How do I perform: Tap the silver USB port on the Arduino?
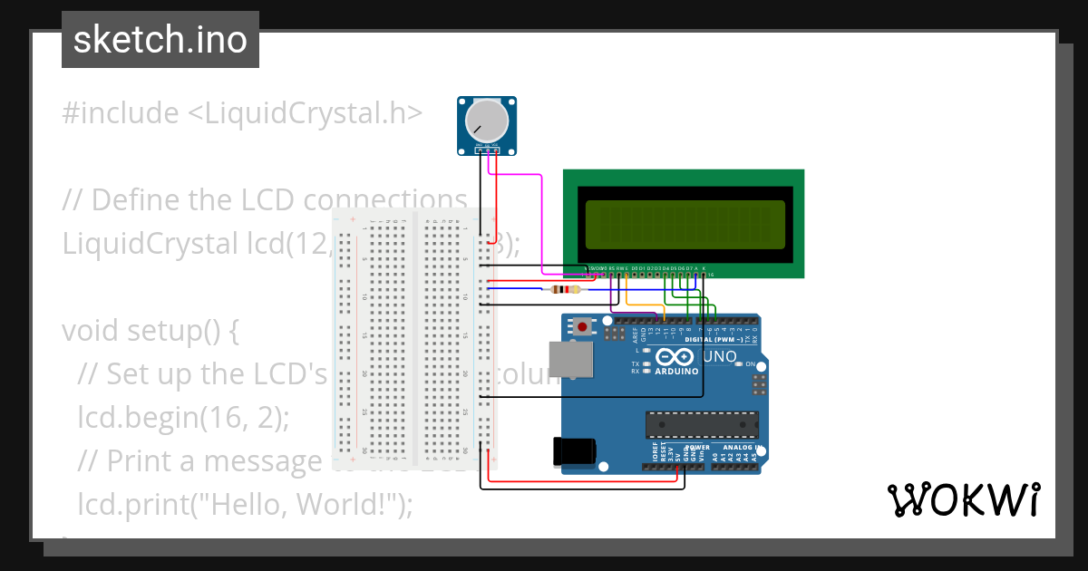(572, 359)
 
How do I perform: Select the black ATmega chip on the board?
(701, 423)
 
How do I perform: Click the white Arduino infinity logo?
(675, 356)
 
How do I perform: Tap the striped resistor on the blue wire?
(567, 290)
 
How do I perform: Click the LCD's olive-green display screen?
(685, 224)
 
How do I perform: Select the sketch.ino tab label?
(160, 40)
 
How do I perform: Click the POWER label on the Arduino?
(697, 448)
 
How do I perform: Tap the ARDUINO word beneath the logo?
(676, 371)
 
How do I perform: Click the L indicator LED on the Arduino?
(646, 350)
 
